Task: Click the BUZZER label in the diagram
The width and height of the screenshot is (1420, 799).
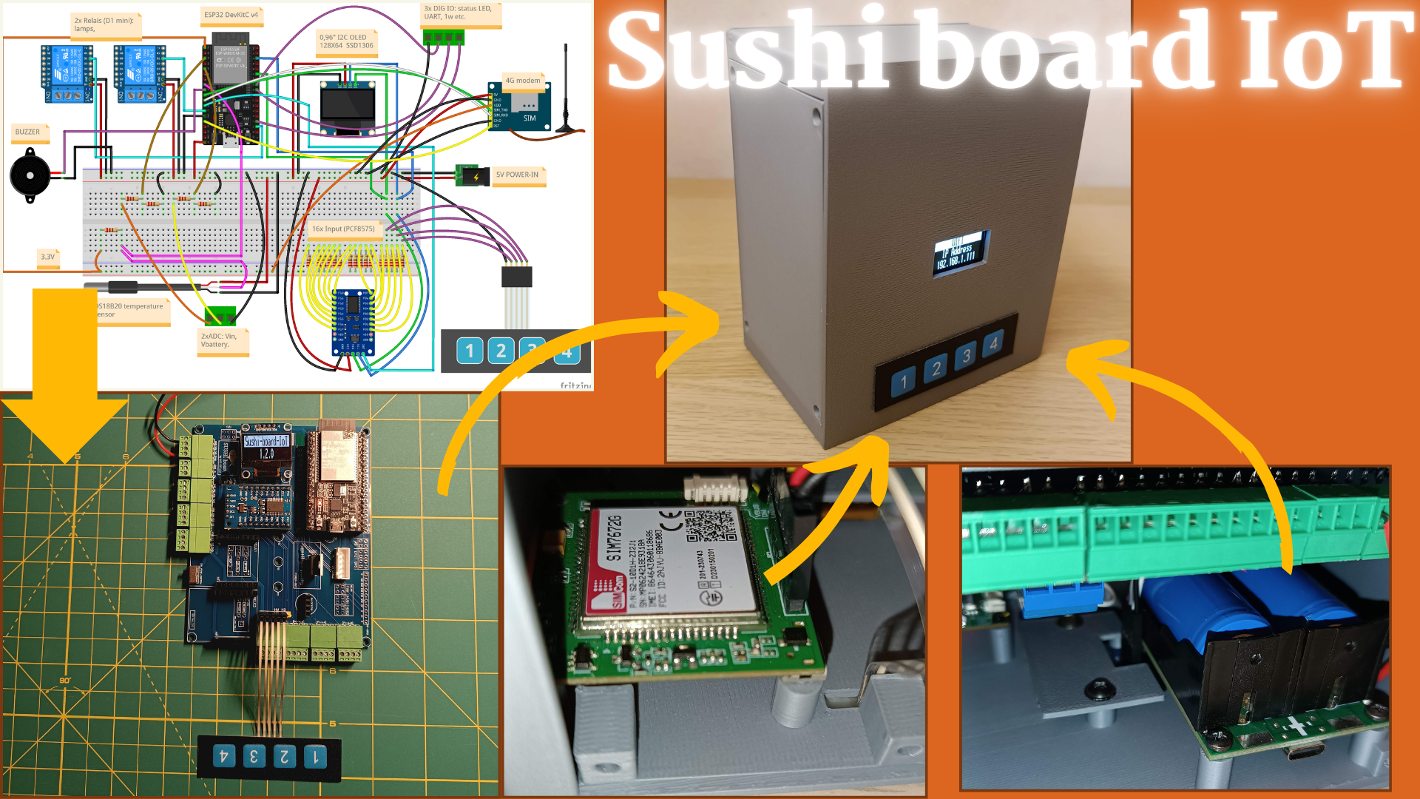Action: click(x=29, y=132)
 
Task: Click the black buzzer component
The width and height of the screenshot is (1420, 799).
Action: click(x=30, y=176)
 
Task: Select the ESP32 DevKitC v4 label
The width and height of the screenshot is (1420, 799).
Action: click(x=231, y=16)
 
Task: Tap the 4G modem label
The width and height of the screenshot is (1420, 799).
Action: click(x=522, y=81)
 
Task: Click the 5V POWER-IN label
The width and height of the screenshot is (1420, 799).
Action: click(x=518, y=175)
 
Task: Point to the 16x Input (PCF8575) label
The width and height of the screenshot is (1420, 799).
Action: click(x=343, y=229)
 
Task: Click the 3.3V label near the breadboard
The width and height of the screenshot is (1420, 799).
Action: click(x=48, y=257)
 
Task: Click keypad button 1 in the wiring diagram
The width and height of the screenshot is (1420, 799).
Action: click(x=470, y=351)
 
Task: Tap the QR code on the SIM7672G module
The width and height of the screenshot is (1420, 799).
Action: click(x=710, y=527)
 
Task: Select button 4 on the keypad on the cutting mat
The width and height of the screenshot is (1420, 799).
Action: click(x=223, y=756)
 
